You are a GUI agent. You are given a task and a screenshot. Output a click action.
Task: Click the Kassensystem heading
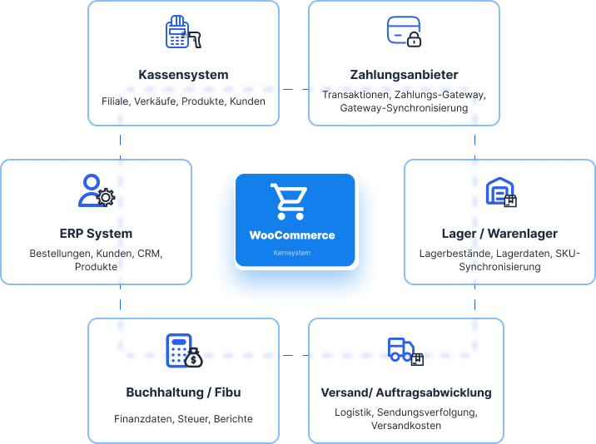pyautogui.click(x=183, y=75)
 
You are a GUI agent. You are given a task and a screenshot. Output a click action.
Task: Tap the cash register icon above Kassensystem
pyautogui.click(x=183, y=32)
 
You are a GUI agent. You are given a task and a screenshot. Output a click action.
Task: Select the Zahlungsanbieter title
pyautogui.click(x=404, y=75)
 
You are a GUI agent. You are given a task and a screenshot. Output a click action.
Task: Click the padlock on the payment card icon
pyautogui.click(x=414, y=40)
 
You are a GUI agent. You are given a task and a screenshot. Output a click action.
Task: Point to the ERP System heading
pyautogui.click(x=96, y=234)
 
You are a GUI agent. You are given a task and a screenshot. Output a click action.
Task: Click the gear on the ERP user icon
pyautogui.click(x=106, y=198)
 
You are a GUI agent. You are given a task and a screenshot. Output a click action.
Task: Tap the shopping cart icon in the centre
pyautogui.click(x=289, y=202)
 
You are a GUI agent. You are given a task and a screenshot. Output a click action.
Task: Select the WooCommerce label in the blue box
pyautogui.click(x=292, y=235)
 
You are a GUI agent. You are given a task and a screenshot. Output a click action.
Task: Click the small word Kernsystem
pyautogui.click(x=292, y=253)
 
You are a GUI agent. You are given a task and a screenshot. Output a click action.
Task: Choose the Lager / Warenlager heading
pyautogui.click(x=499, y=234)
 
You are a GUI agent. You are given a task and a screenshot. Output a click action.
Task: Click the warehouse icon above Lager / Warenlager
pyautogui.click(x=501, y=192)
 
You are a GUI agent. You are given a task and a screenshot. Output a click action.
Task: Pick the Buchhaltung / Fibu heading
pyautogui.click(x=183, y=392)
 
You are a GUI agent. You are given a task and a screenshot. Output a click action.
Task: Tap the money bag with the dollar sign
pyautogui.click(x=193, y=358)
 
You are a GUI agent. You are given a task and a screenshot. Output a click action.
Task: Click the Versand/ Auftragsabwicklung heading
pyautogui.click(x=406, y=392)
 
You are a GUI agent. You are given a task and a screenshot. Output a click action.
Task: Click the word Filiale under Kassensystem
pyautogui.click(x=116, y=101)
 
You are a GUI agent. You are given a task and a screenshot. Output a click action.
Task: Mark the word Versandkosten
pyautogui.click(x=406, y=426)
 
